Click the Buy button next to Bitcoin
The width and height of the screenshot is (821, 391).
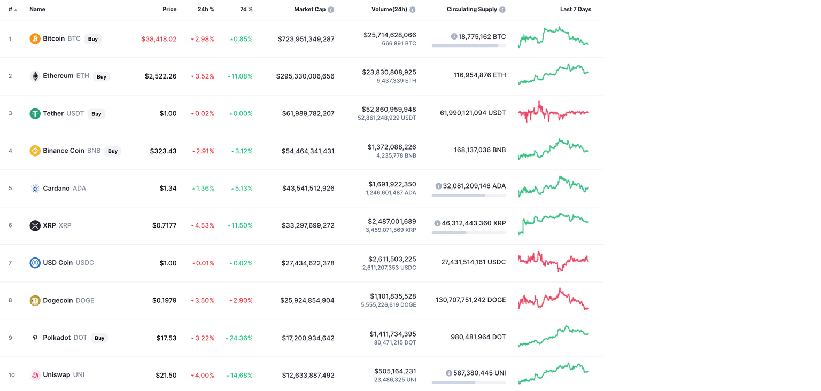93,39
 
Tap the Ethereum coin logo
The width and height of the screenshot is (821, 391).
35,76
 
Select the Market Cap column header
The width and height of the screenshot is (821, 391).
309,9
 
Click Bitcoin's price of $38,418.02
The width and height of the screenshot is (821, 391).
159,39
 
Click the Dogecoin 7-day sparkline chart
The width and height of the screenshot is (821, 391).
553,300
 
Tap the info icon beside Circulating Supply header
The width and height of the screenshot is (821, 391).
502,10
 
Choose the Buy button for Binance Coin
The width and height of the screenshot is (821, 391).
113,151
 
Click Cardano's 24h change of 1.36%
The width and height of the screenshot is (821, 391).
203,189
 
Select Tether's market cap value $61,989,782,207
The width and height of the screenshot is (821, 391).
308,113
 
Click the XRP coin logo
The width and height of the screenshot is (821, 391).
35,225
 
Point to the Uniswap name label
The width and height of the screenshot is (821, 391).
57,375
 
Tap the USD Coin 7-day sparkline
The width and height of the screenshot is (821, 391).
553,261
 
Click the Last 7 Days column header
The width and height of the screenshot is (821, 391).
575,9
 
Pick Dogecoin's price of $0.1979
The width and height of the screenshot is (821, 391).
164,300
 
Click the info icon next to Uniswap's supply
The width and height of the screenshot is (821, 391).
449,373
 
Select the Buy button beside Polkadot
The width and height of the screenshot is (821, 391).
99,338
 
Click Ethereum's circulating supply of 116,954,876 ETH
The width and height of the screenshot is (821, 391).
479,75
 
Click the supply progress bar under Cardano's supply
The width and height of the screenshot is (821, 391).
469,195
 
